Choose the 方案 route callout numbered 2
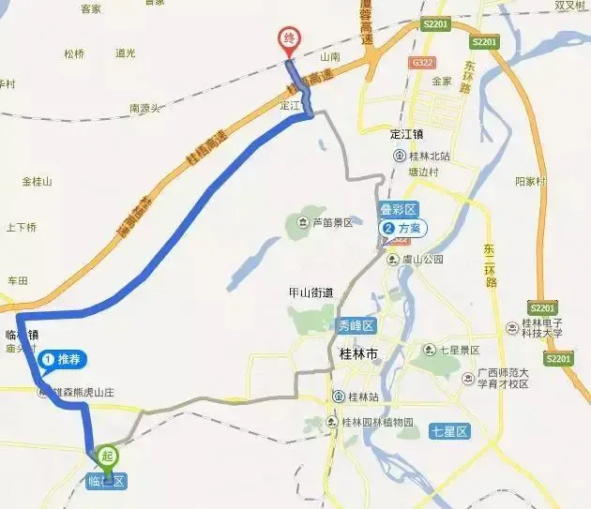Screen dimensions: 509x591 coord(402,228)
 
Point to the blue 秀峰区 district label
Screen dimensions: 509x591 coord(356,325)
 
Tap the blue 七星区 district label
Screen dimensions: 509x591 coord(448,431)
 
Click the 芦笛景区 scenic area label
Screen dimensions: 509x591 coord(325,222)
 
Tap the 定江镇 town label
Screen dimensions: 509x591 coord(410,132)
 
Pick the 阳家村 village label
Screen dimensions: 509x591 coord(530,181)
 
